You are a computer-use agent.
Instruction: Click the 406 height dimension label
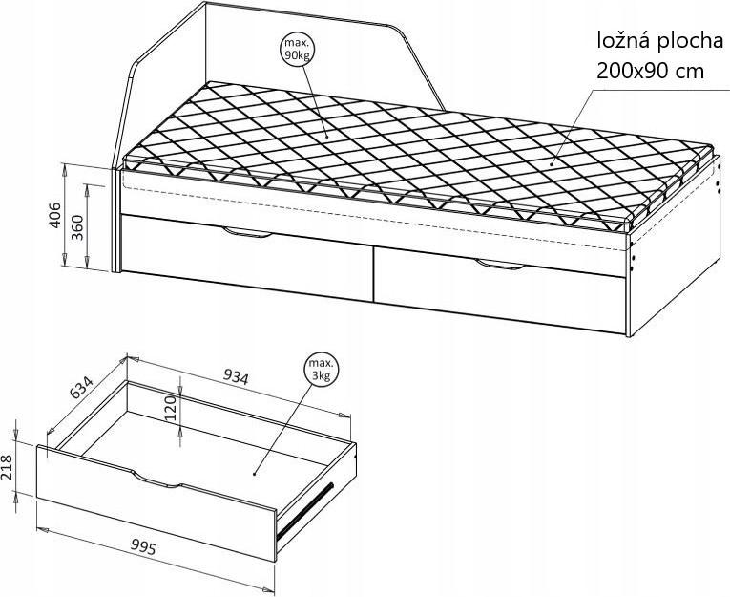coord(55,215)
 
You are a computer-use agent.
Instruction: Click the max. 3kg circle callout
coord(322,370)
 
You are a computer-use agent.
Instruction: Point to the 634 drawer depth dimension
coord(81,386)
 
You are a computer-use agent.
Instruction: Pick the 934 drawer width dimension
coord(236,376)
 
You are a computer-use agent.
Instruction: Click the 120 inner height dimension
coord(171,408)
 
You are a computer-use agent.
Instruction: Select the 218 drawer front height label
coord(8,467)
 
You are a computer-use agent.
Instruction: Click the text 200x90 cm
coord(650,72)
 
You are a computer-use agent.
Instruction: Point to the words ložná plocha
coord(660,41)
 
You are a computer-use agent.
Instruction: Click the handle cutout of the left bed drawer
coord(247,233)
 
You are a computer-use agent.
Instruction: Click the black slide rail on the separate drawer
coord(305,511)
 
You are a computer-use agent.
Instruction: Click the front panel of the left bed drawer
coord(247,257)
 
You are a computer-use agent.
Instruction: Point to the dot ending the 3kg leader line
coord(255,474)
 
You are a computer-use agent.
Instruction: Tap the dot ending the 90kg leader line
coord(326,137)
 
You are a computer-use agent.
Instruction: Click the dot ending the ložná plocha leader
coord(552,163)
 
